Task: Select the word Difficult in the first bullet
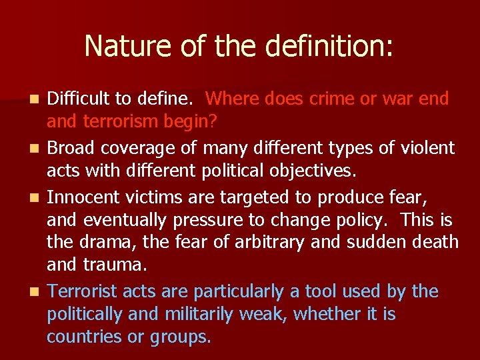coord(78,99)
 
